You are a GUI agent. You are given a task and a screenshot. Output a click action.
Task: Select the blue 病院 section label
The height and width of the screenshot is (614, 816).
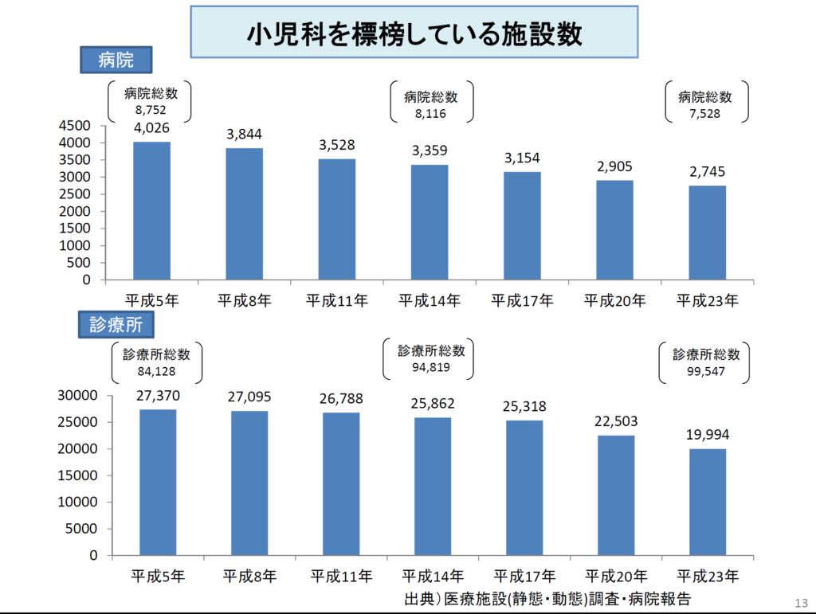coord(116,61)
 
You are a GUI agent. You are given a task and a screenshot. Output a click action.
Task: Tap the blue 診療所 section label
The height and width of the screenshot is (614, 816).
coord(116,324)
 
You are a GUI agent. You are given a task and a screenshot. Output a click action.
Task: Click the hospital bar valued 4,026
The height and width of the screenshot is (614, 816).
coord(151,211)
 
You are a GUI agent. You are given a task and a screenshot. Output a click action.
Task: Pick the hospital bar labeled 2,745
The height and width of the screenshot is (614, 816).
coord(708,233)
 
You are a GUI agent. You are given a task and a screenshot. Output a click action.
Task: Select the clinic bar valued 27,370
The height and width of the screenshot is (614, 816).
coord(158,482)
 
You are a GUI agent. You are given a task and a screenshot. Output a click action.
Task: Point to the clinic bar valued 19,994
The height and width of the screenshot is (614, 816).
coord(708,502)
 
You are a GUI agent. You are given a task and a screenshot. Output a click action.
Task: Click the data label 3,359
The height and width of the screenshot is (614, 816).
coord(430,150)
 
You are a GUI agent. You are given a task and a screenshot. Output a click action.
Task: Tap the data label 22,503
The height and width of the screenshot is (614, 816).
coord(615,421)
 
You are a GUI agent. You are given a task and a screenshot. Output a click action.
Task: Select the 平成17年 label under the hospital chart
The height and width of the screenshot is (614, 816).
coord(522,301)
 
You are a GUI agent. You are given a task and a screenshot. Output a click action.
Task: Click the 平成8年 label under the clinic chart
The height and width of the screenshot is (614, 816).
coord(249,576)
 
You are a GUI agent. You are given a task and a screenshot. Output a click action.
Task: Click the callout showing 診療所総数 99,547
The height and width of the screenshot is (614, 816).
coord(706,362)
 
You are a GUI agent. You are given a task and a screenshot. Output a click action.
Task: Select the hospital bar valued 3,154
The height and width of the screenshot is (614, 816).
coord(522,225)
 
